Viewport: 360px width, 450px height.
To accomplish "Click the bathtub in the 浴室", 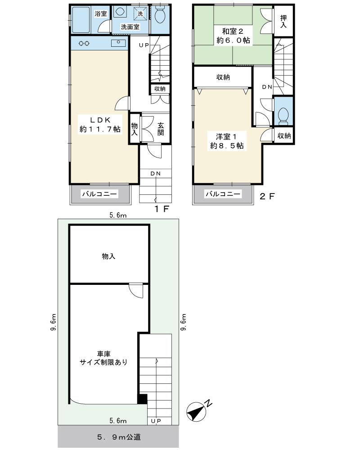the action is [x=81, y=20].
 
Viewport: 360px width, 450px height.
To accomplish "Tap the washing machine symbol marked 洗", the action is [x=140, y=13].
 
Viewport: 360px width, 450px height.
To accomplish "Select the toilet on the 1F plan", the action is [x=160, y=15].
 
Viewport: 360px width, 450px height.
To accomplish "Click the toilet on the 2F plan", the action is [x=283, y=116].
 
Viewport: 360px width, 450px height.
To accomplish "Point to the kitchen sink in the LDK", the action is [x=118, y=43].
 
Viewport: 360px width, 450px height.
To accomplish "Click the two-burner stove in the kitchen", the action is [x=84, y=43].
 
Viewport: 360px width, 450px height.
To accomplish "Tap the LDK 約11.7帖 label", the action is [x=100, y=125].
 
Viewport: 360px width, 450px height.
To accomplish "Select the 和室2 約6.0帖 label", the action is [x=233, y=36].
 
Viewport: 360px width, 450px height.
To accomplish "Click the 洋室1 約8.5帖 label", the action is [x=227, y=141].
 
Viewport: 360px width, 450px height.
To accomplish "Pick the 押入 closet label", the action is [x=283, y=22].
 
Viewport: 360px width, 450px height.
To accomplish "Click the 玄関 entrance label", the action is [x=161, y=129].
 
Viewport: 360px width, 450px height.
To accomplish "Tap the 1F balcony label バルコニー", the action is [x=99, y=194].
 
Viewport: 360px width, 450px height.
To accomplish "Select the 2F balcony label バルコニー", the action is [x=223, y=194].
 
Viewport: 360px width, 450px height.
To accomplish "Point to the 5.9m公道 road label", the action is [x=119, y=437].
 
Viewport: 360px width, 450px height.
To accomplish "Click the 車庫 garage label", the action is [x=103, y=354].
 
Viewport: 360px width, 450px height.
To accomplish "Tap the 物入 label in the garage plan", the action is [x=108, y=256].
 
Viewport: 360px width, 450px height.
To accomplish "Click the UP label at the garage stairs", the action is [x=156, y=421].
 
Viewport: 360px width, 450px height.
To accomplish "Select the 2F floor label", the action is [x=267, y=196].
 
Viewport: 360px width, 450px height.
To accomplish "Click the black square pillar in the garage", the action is [x=142, y=399].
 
